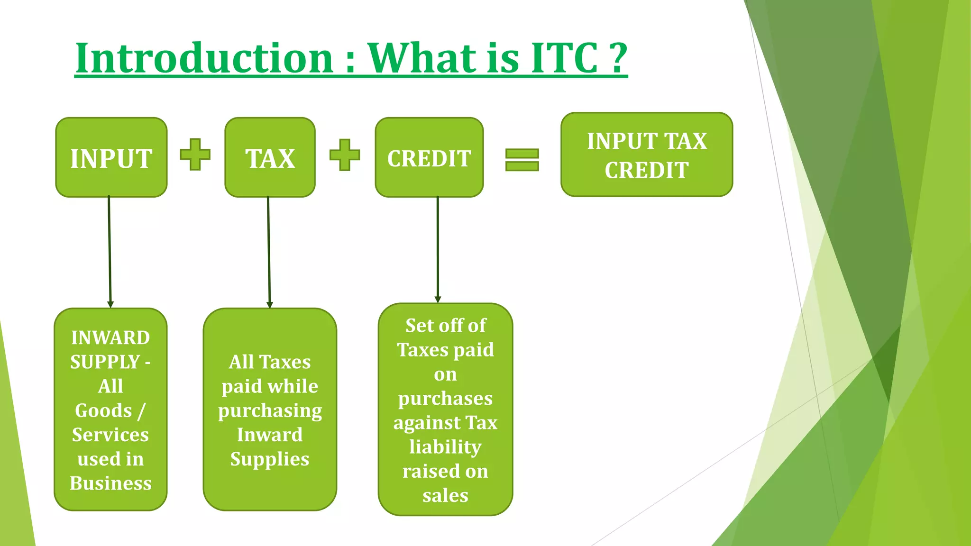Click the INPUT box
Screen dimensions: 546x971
[x=111, y=158]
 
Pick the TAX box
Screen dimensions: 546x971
[x=270, y=158]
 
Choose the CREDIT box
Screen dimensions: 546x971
[x=429, y=158]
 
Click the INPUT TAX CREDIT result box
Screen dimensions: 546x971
[x=647, y=155]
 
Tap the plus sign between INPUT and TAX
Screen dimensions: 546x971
[x=195, y=155]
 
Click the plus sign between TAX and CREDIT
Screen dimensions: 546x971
[x=345, y=155]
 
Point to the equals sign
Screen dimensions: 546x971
[x=522, y=160]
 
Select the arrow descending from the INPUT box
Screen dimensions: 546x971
[x=110, y=251]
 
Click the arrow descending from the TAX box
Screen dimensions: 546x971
[x=269, y=251]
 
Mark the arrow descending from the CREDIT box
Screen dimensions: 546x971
[x=438, y=249]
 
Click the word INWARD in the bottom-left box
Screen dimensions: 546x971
[x=110, y=338]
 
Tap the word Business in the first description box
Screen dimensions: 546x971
[x=110, y=483]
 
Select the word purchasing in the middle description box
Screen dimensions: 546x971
[x=270, y=411]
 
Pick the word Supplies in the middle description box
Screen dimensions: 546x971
[x=270, y=459]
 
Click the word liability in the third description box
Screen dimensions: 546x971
[x=445, y=447]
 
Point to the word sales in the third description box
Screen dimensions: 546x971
[x=445, y=496]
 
